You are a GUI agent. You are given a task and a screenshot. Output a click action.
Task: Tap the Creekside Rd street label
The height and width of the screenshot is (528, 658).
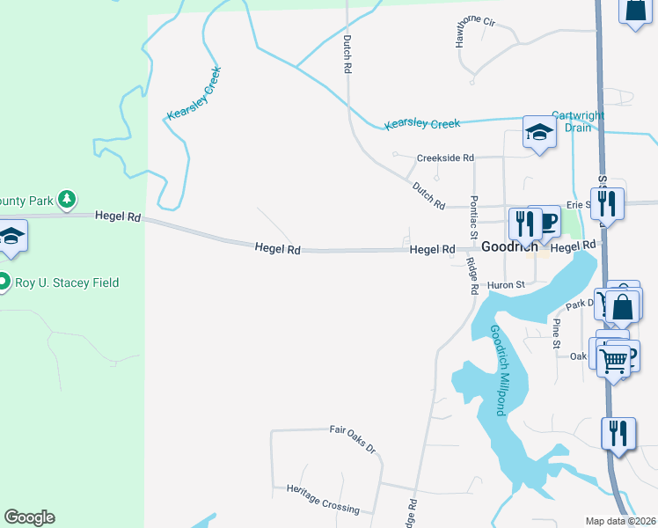445,158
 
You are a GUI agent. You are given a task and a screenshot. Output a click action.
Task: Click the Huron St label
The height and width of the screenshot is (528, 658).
506,285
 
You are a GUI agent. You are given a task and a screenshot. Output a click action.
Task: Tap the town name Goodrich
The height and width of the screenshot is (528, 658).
509,247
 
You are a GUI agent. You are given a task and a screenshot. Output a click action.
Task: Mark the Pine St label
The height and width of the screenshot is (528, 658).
556,334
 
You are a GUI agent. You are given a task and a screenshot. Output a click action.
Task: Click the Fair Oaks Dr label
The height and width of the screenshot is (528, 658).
352,436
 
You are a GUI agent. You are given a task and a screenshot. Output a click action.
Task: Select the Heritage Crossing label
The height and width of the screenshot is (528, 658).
323,498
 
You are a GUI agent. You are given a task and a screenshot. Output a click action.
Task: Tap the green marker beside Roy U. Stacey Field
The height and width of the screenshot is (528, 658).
4,283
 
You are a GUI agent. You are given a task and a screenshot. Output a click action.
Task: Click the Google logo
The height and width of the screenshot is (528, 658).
29,517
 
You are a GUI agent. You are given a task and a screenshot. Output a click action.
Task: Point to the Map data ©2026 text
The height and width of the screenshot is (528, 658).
621,521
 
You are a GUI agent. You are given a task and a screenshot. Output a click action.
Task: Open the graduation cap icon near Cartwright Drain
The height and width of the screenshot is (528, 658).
538,133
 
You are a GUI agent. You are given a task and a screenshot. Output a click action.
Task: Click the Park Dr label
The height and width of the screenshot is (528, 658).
580,304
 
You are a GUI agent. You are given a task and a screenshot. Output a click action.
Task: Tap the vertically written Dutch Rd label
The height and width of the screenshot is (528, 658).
347,54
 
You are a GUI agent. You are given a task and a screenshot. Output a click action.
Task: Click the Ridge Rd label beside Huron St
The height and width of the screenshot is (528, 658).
472,276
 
